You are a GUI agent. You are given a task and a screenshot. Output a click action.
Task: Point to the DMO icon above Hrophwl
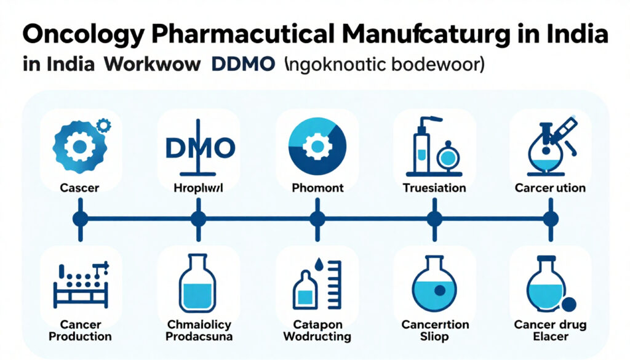(x=198, y=148)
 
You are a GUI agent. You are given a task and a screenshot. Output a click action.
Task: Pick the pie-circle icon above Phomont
(x=317, y=146)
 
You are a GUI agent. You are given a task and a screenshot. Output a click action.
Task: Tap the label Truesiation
(x=434, y=188)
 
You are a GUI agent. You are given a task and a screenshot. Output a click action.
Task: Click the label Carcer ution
(x=551, y=188)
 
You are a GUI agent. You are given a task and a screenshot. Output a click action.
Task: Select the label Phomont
(x=317, y=188)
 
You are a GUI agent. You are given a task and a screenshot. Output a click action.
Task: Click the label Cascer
(x=79, y=188)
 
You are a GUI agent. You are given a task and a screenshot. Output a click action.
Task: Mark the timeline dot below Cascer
(x=79, y=218)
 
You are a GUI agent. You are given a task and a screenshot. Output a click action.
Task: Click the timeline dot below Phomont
(x=317, y=218)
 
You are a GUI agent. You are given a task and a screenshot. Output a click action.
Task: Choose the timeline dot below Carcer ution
(x=551, y=218)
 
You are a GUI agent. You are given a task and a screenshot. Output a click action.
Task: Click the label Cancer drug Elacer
(x=551, y=330)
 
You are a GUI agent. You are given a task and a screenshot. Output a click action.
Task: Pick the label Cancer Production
(x=81, y=330)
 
